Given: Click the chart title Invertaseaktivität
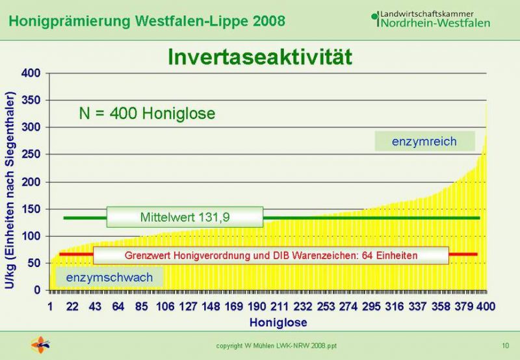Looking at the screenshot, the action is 259,57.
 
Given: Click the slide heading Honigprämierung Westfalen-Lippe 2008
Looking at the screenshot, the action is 147,21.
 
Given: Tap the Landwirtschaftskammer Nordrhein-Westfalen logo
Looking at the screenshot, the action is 430,19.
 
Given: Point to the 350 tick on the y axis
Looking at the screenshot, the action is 31,100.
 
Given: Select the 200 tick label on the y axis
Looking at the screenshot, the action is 31,182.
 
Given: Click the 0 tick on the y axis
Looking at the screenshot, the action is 37,290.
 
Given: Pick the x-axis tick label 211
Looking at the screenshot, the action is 279,307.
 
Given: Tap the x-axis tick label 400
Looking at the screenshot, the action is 486,307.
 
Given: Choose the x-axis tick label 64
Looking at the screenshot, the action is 118,307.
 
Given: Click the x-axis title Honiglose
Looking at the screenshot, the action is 278,322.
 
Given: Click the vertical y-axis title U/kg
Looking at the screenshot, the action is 10,190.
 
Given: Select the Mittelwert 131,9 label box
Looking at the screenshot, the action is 185,217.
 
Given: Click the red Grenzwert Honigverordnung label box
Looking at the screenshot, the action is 271,255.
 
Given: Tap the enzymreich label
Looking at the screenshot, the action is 424,141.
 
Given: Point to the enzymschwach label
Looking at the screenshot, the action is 109,277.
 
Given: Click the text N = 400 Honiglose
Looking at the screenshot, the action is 147,113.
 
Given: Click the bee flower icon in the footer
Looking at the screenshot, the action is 40,345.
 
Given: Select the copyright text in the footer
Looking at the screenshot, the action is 276,346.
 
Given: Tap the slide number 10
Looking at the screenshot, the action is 505,346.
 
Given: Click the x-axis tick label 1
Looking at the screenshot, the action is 50,307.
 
